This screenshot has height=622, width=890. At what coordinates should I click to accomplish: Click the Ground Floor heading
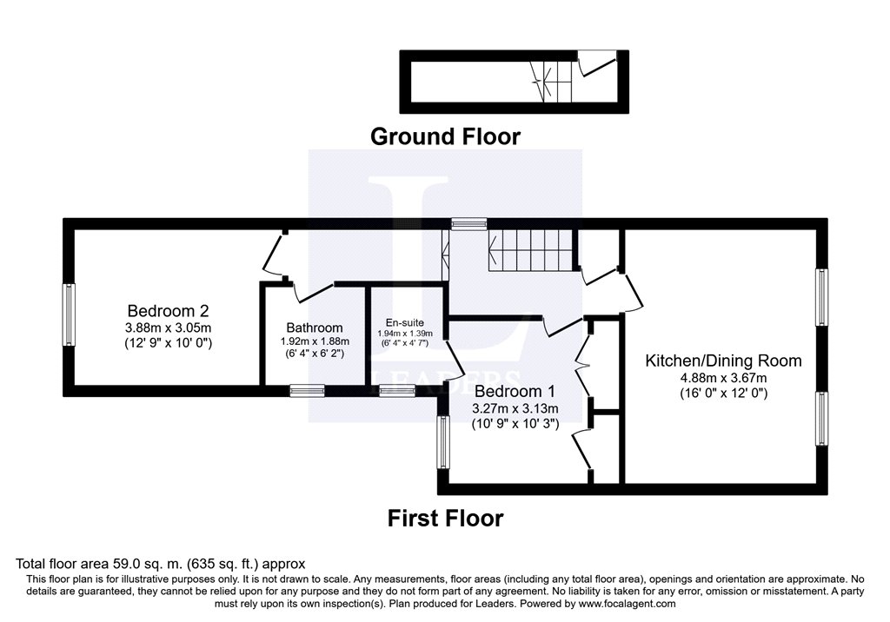click(445, 136)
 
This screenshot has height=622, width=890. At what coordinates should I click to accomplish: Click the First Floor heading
click(445, 519)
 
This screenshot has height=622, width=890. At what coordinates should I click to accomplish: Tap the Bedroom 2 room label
click(168, 310)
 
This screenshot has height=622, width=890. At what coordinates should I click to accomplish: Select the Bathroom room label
click(315, 328)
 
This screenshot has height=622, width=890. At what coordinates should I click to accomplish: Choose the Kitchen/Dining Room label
click(723, 361)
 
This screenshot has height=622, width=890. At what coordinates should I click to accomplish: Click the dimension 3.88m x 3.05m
click(168, 328)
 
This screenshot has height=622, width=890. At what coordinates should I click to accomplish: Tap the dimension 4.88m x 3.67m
click(723, 377)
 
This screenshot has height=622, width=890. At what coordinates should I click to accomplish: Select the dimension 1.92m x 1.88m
click(315, 341)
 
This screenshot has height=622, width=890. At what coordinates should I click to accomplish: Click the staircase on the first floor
click(531, 249)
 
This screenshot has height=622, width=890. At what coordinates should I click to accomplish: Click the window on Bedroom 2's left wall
click(68, 314)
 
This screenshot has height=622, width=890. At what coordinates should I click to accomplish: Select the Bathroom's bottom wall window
click(308, 391)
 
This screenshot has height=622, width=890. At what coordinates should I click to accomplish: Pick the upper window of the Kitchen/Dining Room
click(820, 297)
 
